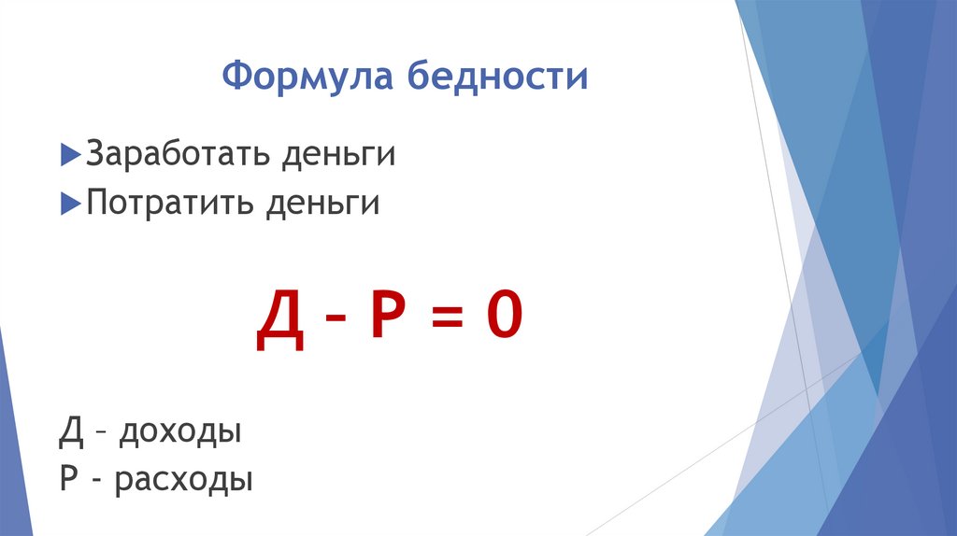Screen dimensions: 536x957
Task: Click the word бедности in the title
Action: (497, 77)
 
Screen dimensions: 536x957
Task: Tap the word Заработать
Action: (175, 154)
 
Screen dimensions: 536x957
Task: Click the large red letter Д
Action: (279, 319)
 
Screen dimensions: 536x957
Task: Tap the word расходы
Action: (185, 481)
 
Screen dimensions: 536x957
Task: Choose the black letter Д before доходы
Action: (71, 432)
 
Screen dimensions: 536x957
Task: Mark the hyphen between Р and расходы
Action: (97, 481)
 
